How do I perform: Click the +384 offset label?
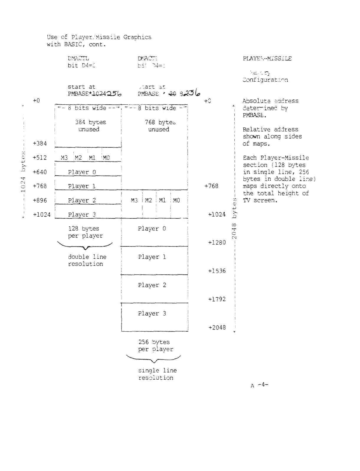(x=40, y=144)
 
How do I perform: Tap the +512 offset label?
(x=40, y=158)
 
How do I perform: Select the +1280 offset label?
(x=217, y=243)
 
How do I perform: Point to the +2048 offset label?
(x=217, y=327)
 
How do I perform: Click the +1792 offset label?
(x=217, y=299)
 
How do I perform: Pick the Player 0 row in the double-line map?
(x=82, y=172)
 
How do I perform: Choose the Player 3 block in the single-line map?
(x=152, y=314)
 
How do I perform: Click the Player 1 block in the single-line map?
(x=152, y=257)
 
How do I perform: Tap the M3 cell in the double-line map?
(x=64, y=158)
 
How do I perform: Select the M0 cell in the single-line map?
(x=176, y=200)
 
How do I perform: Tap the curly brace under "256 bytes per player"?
(x=154, y=359)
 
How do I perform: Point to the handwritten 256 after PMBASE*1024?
(x=114, y=94)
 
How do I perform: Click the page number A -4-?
(x=259, y=385)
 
